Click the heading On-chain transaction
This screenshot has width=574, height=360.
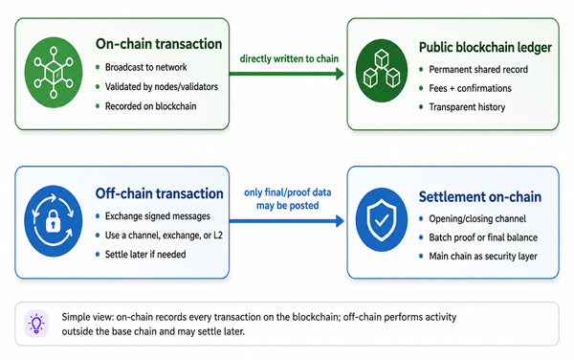click(x=159, y=44)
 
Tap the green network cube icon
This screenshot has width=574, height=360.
click(x=54, y=73)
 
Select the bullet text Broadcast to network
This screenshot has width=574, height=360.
click(x=146, y=67)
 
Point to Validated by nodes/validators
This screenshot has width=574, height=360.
click(x=162, y=87)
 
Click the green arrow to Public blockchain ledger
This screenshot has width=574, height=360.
click(x=287, y=74)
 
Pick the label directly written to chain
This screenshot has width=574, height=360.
click(x=289, y=58)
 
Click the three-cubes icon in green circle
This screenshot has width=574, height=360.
click(x=382, y=71)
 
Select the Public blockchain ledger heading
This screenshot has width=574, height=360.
click(x=485, y=47)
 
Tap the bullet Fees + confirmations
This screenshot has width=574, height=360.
click(x=470, y=88)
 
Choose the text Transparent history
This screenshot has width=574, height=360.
click(x=467, y=107)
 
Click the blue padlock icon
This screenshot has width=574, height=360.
click(x=54, y=221)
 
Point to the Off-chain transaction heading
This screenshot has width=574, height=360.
click(x=159, y=193)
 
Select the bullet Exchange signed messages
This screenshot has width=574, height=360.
click(x=158, y=216)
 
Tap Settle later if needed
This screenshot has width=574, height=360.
click(x=145, y=254)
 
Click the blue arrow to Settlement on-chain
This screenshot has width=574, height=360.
click(x=287, y=221)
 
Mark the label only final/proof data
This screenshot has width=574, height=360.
click(x=288, y=192)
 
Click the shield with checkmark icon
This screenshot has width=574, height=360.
click(x=382, y=220)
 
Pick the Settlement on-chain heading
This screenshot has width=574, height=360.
click(x=480, y=197)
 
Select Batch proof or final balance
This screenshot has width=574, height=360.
click(x=483, y=237)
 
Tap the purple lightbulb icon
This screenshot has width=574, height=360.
click(x=36, y=324)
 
